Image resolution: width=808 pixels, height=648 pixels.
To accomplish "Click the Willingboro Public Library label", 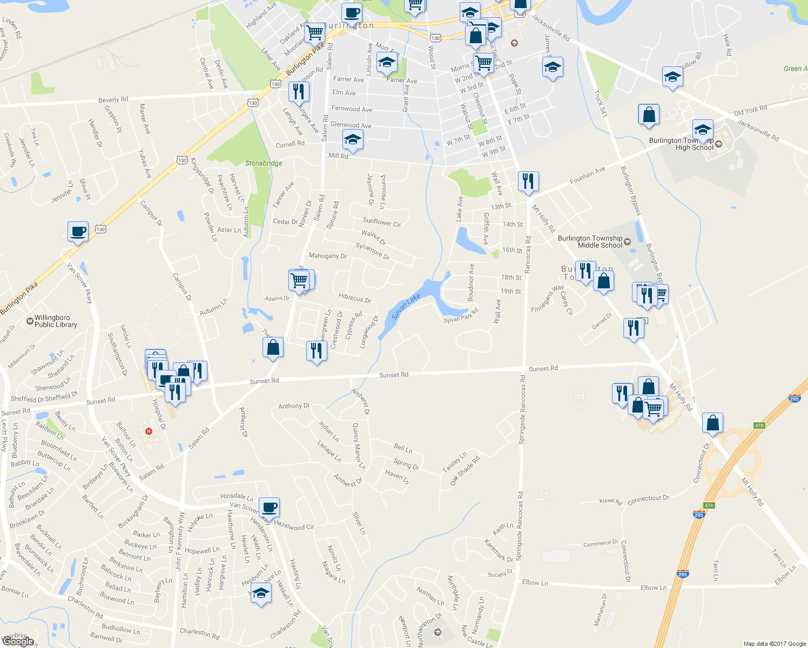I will click(x=56, y=321).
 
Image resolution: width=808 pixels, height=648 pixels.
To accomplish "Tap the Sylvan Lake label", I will click(x=406, y=307).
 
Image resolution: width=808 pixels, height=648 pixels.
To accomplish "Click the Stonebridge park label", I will click(x=264, y=163).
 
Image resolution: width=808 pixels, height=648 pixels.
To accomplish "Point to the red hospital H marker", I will click(x=149, y=431).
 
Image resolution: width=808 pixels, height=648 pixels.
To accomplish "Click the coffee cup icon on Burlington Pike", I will click(x=78, y=232).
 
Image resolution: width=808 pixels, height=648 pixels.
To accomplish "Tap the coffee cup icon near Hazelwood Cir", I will click(x=269, y=507).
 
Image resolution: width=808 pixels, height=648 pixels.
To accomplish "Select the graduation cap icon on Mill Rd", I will click(x=353, y=140).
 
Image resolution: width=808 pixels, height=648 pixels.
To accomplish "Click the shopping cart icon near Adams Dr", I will click(x=299, y=280).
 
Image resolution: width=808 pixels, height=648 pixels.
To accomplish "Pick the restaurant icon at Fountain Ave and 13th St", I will click(x=528, y=181).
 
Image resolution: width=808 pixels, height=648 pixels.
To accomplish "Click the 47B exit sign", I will click(x=759, y=426).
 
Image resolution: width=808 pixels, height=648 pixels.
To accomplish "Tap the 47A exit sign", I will click(x=709, y=506).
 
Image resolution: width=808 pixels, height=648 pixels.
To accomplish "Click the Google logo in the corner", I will click(x=18, y=642).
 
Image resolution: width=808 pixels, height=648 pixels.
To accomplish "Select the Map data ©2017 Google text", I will click(x=775, y=644).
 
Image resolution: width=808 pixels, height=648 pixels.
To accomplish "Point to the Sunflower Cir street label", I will click(x=382, y=222).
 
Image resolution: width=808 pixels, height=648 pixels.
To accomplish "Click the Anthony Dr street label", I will click(x=294, y=406).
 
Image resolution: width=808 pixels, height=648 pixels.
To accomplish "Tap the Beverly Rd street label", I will click(x=113, y=100).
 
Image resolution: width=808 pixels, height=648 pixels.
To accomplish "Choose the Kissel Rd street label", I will click(x=610, y=502).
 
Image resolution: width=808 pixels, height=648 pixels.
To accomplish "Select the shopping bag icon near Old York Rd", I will click(x=649, y=115).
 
